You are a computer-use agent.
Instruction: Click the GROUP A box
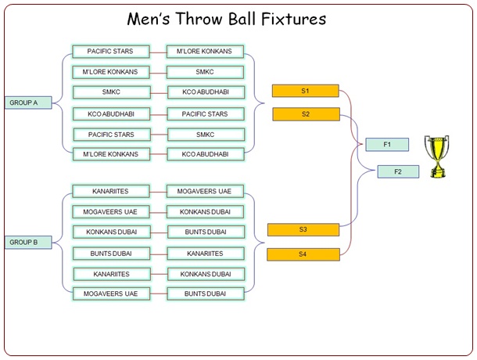28,103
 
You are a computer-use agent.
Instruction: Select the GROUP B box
28,243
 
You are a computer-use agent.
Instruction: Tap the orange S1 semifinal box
306,91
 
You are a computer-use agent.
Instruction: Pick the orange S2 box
306,114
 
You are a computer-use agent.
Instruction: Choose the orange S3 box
303,229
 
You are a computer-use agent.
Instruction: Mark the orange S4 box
303,254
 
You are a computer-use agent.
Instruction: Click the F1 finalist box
387,144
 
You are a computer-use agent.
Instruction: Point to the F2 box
398,171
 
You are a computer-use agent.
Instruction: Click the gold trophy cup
437,157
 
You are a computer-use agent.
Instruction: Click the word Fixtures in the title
293,19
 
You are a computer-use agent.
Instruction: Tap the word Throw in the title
199,19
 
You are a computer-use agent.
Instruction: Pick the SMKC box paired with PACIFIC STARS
206,135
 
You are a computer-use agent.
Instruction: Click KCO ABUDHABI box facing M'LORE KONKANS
206,154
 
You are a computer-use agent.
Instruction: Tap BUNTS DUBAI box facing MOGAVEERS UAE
206,293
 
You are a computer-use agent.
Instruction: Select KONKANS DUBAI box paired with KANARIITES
206,274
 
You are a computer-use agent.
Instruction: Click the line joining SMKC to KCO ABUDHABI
159,93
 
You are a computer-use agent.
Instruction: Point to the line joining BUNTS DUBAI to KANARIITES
159,254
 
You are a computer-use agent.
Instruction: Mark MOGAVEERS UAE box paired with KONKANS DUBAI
111,212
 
